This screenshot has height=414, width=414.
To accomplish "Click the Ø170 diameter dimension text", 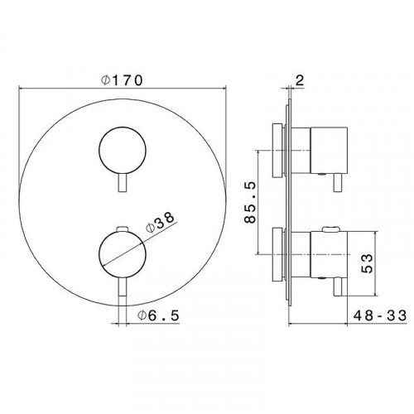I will click(x=122, y=80).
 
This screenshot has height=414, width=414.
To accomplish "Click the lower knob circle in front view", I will click(x=123, y=253).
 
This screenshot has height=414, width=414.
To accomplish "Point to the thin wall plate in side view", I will click(x=289, y=199).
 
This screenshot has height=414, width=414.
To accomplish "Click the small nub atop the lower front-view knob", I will click(x=123, y=226).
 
